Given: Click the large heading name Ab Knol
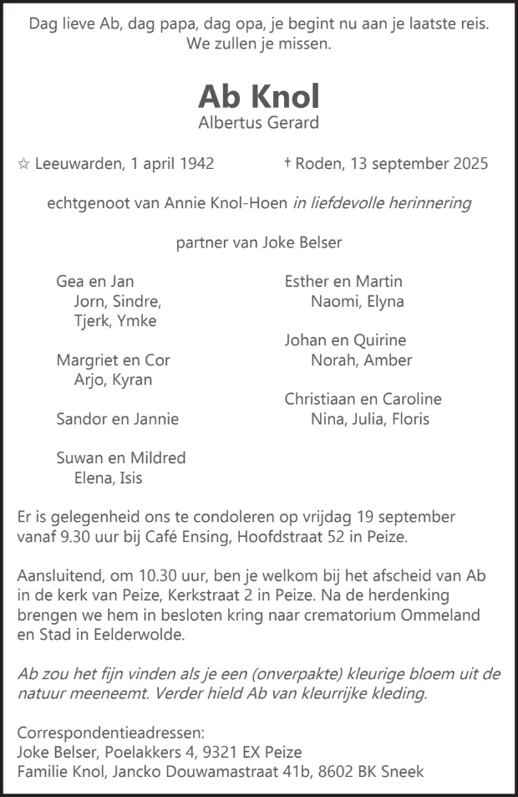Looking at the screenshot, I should [259, 97].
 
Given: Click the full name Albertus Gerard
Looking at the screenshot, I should [259, 124].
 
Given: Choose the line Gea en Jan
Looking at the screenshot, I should [95, 282].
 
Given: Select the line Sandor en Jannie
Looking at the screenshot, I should [118, 419].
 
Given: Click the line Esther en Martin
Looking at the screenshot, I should [343, 282].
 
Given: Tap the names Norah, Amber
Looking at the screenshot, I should [361, 360].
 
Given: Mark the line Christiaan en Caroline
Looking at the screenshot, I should [363, 400].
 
